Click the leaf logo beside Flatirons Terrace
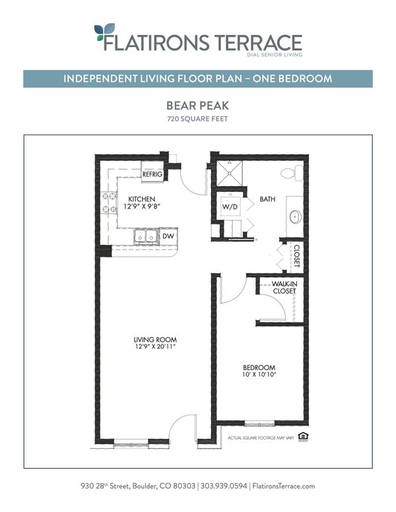click(104, 32)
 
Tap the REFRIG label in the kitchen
click(152, 174)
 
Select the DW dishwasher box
click(168, 236)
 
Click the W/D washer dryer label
click(230, 207)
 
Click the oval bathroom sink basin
click(296, 216)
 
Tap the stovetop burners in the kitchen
click(109, 203)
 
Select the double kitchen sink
click(146, 236)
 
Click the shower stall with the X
click(230, 173)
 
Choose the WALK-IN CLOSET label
click(284, 288)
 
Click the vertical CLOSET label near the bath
click(297, 256)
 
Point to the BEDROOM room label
click(259, 368)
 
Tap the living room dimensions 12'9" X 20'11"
click(156, 346)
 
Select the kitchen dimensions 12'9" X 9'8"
click(141, 206)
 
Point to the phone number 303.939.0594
click(224, 486)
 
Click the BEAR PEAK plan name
click(198, 106)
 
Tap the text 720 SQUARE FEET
click(197, 119)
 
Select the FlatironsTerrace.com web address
click(284, 486)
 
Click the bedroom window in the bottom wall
click(260, 424)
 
